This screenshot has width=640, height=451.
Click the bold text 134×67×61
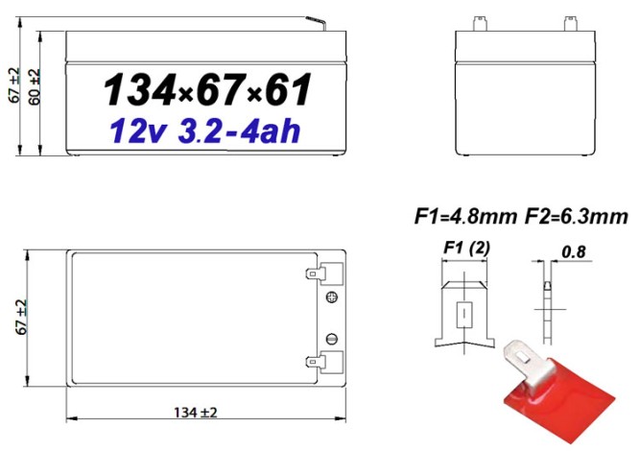(206, 91)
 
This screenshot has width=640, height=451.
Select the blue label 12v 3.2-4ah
(204, 132)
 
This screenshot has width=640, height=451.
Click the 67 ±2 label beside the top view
(21, 317)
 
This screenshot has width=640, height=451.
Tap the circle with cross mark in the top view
(333, 298)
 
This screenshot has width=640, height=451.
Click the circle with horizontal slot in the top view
(333, 338)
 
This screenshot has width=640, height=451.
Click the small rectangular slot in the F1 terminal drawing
(465, 313)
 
